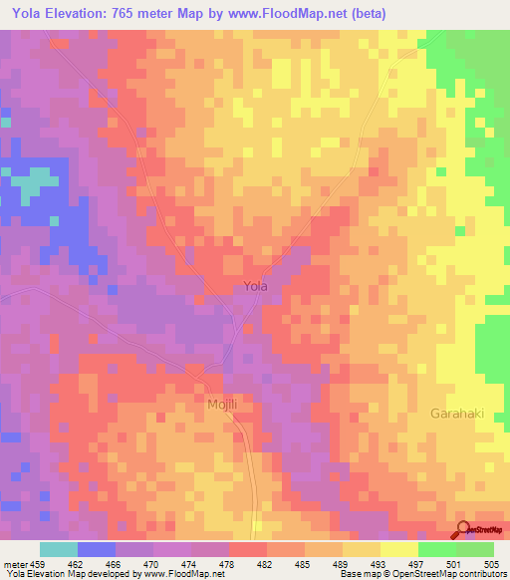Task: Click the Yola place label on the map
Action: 256,287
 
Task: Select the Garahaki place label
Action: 457,413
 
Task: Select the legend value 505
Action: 492,563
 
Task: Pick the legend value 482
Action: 265,563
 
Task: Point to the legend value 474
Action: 189,563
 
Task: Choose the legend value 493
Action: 379,563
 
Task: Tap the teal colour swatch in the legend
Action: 59,549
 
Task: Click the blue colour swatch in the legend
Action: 97,549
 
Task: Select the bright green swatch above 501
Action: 436,549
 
